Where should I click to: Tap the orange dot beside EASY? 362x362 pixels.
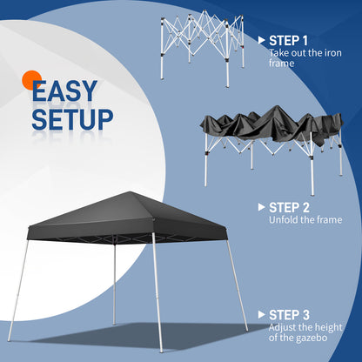30,79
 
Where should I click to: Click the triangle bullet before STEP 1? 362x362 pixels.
261,40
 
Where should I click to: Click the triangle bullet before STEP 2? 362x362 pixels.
261,207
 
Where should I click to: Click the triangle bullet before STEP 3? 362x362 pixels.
261,316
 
